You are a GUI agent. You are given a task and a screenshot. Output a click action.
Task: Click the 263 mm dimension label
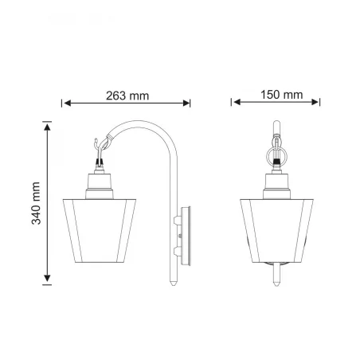tap(127, 96)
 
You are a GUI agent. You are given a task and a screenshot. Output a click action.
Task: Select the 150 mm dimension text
tap(281, 95)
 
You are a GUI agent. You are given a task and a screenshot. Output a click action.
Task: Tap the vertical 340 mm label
tap(36, 203)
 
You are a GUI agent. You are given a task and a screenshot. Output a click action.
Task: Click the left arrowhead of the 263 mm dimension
tap(68, 104)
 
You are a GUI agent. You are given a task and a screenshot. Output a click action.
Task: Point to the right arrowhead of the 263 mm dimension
tap(186, 104)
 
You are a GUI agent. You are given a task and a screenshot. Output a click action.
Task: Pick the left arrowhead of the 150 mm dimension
tap(237, 102)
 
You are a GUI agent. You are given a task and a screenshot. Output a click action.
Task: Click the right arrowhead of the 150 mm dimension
tap(315, 102)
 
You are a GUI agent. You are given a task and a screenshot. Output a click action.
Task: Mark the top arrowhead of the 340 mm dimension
tap(47, 127)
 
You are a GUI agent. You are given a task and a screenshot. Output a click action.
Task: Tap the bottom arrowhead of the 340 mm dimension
tap(47, 278)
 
